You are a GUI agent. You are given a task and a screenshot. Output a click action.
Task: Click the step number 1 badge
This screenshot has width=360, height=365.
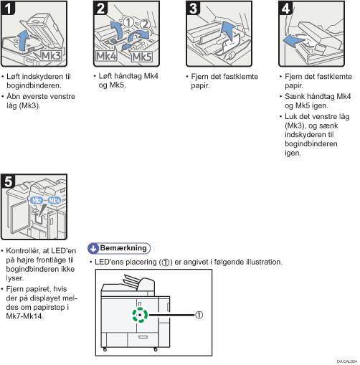tap(8, 8)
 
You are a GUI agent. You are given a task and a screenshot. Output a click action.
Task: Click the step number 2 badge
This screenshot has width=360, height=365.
tap(100, 8)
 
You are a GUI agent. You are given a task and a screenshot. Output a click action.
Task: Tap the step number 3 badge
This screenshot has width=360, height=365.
tap(193, 8)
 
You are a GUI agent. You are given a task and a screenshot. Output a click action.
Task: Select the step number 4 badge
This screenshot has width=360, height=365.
tap(285, 8)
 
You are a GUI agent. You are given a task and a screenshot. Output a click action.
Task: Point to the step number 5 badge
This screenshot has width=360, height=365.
tap(8, 181)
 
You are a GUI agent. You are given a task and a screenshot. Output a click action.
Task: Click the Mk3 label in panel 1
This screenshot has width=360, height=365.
tap(51, 56)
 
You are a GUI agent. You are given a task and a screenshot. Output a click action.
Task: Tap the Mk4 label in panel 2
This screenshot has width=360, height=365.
tap(106, 57)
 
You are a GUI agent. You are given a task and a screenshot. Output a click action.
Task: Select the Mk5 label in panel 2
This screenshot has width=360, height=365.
tap(142, 57)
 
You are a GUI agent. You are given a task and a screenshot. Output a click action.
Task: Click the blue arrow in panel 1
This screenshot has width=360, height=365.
tap(24, 41)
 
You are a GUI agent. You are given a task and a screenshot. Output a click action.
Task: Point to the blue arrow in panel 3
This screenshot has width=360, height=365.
tap(227, 31)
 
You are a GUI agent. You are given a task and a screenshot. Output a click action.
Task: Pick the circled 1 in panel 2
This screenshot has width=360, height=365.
tap(128, 22)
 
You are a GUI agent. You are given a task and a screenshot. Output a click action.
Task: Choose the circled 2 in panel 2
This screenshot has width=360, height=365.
tap(144, 24)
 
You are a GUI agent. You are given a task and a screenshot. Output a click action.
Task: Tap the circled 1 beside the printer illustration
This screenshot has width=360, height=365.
tap(199, 315)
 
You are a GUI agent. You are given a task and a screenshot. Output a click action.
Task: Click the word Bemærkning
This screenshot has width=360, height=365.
tap(123, 248)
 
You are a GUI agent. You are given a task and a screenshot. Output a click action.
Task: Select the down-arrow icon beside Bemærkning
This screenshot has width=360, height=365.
tap(93, 248)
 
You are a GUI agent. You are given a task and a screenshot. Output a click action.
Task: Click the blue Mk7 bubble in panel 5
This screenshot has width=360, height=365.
tap(37, 200)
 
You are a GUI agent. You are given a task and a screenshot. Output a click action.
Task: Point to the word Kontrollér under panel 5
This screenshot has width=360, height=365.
tap(23, 251)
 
